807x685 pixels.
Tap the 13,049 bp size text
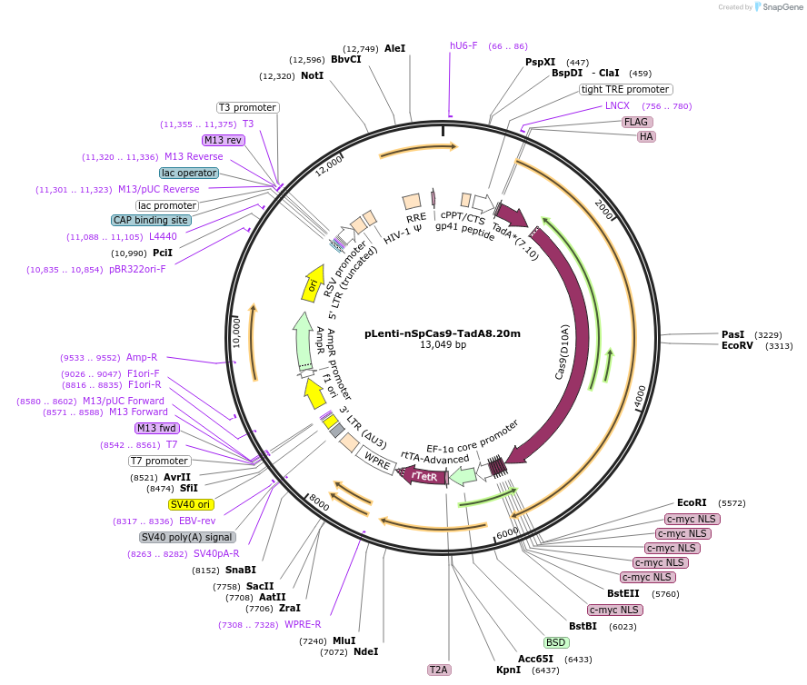click(443, 345)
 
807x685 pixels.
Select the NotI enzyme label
click(312, 76)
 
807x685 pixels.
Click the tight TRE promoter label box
click(625, 89)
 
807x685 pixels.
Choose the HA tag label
click(646, 137)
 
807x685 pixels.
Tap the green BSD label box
click(555, 642)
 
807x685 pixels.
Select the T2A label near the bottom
click(439, 670)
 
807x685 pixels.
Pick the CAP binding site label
click(151, 221)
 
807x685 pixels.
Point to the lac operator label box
click(188, 173)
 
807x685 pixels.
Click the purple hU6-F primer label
click(463, 45)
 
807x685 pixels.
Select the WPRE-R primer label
click(303, 624)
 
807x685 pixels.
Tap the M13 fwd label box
click(157, 428)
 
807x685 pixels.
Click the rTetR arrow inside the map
click(424, 475)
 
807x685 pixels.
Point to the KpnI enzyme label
click(508, 670)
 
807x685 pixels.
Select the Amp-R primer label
click(142, 358)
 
